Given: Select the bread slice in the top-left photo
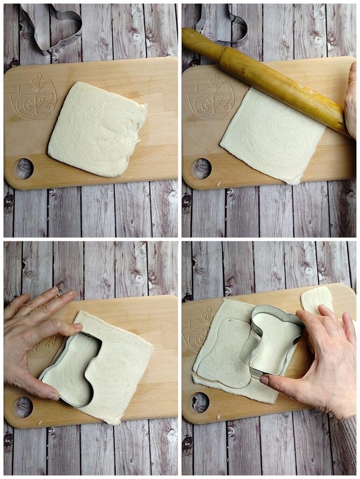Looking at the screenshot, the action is (x=97, y=130).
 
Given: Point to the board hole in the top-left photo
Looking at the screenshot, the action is (x=23, y=168).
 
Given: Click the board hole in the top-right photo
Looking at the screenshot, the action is (x=201, y=168).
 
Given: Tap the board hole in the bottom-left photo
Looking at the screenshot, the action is (x=23, y=407).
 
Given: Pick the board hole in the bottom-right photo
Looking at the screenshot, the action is (x=201, y=403).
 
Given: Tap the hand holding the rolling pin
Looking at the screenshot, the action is (x=351, y=101).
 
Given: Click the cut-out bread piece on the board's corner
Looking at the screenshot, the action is (x=317, y=301).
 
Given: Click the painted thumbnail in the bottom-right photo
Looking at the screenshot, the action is (x=265, y=380).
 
